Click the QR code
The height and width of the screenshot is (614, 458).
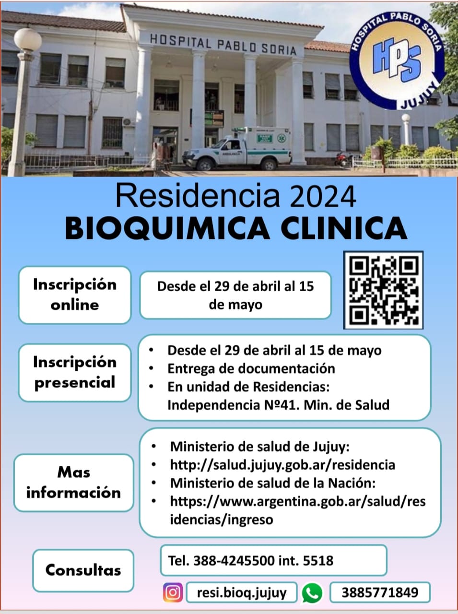[383, 290]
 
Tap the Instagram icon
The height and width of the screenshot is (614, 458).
[173, 592]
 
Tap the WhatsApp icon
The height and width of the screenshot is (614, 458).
[312, 592]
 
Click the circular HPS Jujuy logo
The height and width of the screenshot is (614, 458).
[397, 61]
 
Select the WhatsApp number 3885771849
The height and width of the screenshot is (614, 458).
[380, 592]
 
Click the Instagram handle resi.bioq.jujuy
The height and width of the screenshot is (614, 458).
[242, 592]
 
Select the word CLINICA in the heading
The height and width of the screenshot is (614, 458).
[344, 228]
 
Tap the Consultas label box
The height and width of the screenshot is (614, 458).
[83, 570]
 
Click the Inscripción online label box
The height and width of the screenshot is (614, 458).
[75, 295]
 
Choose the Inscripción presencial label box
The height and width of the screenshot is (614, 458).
[75, 373]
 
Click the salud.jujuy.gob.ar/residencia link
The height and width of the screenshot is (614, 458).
[282, 465]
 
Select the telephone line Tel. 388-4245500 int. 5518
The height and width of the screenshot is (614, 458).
[250, 561]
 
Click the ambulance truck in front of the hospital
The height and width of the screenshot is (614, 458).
[237, 149]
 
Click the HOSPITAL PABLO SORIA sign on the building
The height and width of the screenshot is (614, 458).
[223, 45]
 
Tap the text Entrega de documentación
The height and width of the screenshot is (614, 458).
[251, 369]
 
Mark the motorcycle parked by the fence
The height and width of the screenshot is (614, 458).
[344, 159]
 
